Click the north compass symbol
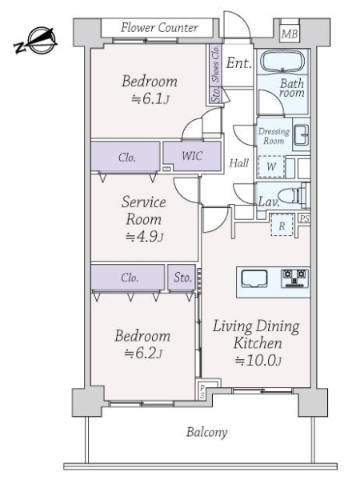(36, 41)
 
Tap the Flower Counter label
(159, 28)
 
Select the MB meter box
(290, 34)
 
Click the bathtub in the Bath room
(282, 62)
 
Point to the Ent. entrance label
(238, 63)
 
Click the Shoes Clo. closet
(216, 65)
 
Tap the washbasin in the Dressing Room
(302, 135)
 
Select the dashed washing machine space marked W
(271, 167)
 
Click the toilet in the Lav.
(292, 194)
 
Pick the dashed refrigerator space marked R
(282, 226)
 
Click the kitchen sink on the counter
(254, 278)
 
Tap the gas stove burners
(294, 278)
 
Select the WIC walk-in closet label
(192, 156)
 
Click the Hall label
(239, 163)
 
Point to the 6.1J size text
(150, 98)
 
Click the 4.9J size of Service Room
(145, 236)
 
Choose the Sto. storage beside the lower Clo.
(182, 278)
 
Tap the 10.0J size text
(258, 360)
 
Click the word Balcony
(207, 432)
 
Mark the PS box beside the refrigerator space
(305, 219)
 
